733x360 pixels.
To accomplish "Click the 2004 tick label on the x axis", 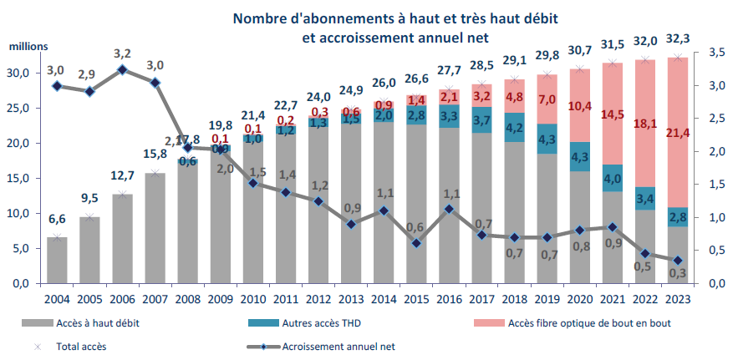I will point(57,298).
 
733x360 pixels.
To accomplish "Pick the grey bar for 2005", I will point(89,251).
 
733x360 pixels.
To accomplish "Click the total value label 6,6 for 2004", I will point(57,219).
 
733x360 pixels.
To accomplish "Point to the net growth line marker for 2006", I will point(122,69).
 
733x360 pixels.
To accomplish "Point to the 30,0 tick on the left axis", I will point(18,73).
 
